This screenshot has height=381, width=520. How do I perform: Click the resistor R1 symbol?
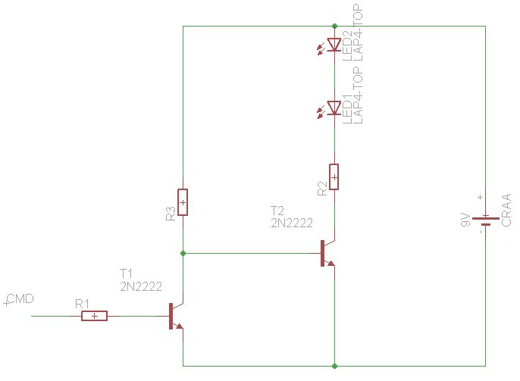[94, 316]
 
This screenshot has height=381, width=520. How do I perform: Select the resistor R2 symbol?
[334, 176]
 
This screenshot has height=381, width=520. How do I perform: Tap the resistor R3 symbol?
[183, 202]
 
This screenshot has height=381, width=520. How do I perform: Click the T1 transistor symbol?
[175, 317]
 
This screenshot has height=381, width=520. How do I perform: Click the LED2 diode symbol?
[334, 45]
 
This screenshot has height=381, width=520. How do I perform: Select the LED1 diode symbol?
[334, 108]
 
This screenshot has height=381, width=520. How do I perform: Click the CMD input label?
[20, 299]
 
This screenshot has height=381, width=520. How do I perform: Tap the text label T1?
[126, 273]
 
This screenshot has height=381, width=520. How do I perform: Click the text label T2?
[277, 210]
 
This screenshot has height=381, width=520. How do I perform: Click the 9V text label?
[465, 221]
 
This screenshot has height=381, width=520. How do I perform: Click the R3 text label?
[171, 214]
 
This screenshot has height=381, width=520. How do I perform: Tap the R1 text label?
[83, 303]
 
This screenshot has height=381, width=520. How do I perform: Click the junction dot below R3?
[183, 253]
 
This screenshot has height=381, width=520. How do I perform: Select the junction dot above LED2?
[334, 27]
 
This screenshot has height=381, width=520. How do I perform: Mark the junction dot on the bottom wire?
[334, 365]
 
